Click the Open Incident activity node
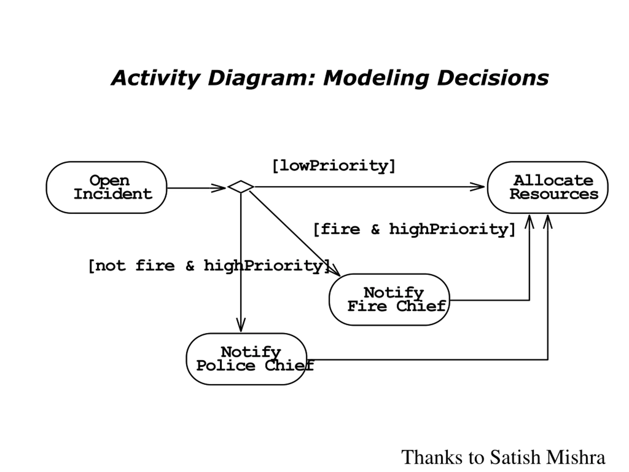[x=106, y=188]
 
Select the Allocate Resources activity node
[x=548, y=188]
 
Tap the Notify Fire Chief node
[x=389, y=300]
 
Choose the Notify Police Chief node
[x=246, y=359]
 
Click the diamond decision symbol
[x=241, y=187]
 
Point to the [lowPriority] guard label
[x=334, y=166]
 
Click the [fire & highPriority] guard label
[x=414, y=229]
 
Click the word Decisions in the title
[x=493, y=78]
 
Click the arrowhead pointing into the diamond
[x=218, y=188]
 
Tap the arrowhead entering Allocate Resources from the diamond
[x=477, y=187]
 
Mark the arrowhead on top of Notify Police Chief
[x=241, y=325]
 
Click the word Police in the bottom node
[x=226, y=366]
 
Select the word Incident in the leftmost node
[x=113, y=194]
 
